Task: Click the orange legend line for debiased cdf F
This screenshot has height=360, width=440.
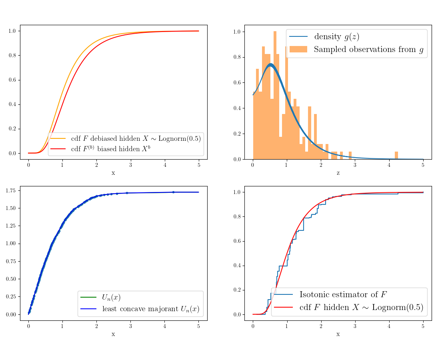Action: [x=58, y=139]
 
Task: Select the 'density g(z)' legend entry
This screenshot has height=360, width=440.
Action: [x=336, y=37]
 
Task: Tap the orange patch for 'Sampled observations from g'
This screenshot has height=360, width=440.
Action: [x=298, y=50]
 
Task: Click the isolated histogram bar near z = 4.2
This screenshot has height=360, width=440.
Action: [x=396, y=155]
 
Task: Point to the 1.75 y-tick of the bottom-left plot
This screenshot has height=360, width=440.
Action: [x=11, y=191]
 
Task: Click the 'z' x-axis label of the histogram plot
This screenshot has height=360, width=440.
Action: [x=338, y=173]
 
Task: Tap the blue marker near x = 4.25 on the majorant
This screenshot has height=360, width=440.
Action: [x=173, y=192]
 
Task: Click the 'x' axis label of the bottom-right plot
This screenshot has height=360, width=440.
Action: [x=338, y=334]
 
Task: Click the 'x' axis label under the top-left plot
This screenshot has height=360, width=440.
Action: [x=113, y=173]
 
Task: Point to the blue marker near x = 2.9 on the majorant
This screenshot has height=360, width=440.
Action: [x=127, y=193]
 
